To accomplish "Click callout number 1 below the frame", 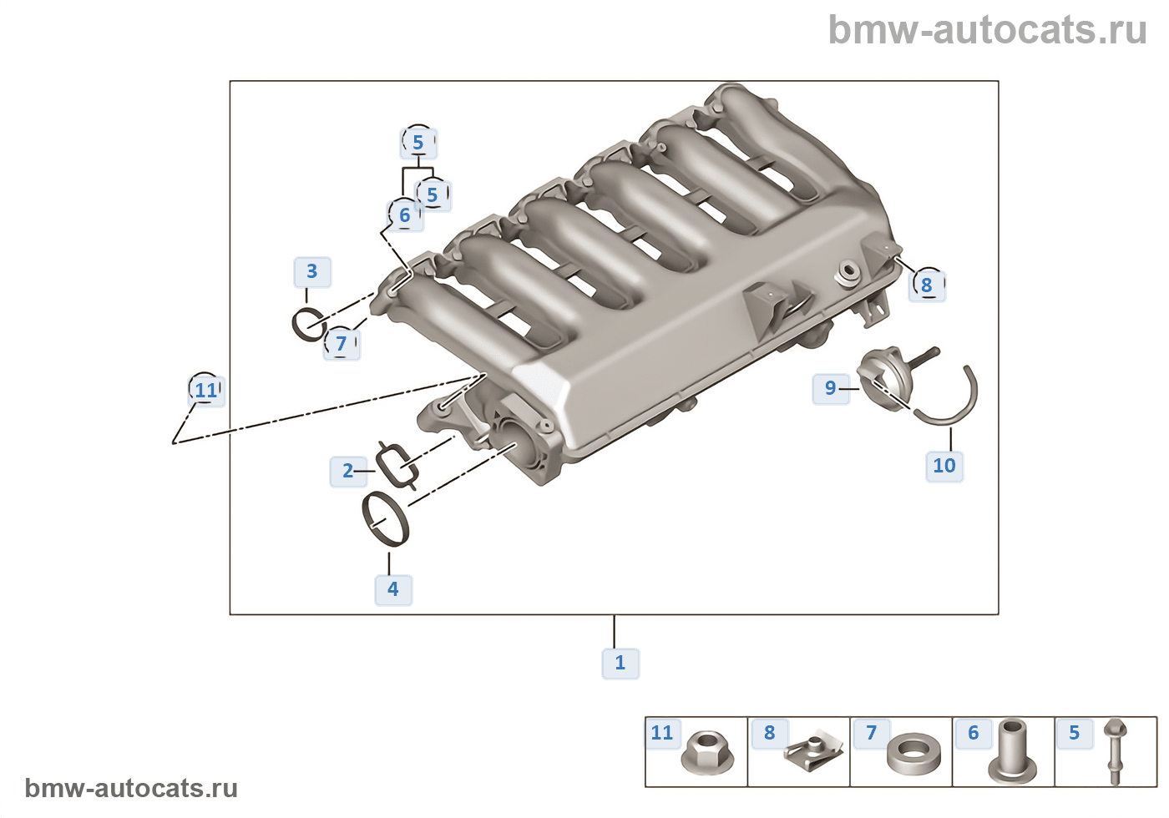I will [620, 663].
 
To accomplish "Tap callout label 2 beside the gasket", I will [348, 471].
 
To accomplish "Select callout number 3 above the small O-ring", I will [311, 271].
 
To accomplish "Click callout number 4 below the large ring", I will [392, 589].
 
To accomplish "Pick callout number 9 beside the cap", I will [830, 388].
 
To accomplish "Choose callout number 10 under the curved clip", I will [944, 466].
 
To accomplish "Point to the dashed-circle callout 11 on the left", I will [205, 390].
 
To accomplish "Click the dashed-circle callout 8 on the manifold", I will [926, 285].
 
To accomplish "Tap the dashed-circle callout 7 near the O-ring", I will [341, 343].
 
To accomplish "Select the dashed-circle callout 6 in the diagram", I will [405, 215].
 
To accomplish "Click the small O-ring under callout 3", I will [307, 324].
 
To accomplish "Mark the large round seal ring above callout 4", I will [386, 519].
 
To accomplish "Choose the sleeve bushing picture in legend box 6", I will [1013, 750].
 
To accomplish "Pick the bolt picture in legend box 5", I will [1115, 750].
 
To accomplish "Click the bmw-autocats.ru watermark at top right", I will [987, 31].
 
